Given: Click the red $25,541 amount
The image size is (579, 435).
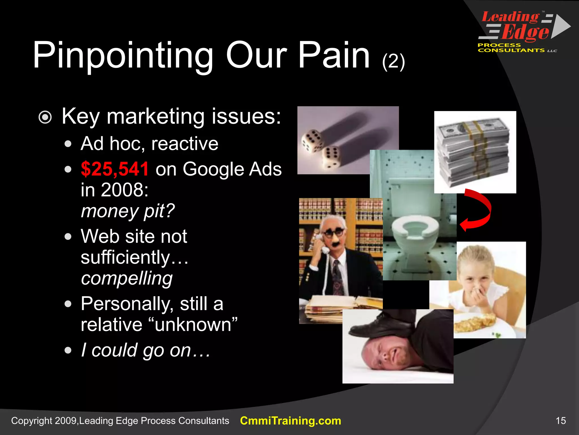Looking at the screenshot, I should click(114, 169).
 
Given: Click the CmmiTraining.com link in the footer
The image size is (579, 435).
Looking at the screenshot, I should click(290, 421).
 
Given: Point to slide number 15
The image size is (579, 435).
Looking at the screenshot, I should click(561, 421).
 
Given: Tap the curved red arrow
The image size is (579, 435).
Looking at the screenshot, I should click(478, 210).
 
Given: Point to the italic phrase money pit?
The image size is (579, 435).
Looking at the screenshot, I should click(128, 211).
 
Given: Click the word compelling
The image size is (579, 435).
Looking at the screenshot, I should click(127, 278).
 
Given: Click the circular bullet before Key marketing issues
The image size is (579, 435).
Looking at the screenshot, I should click(45, 117).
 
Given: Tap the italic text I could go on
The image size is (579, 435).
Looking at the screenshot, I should click(146, 350).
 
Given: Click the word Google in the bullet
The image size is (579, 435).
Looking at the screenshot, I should click(212, 169).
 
